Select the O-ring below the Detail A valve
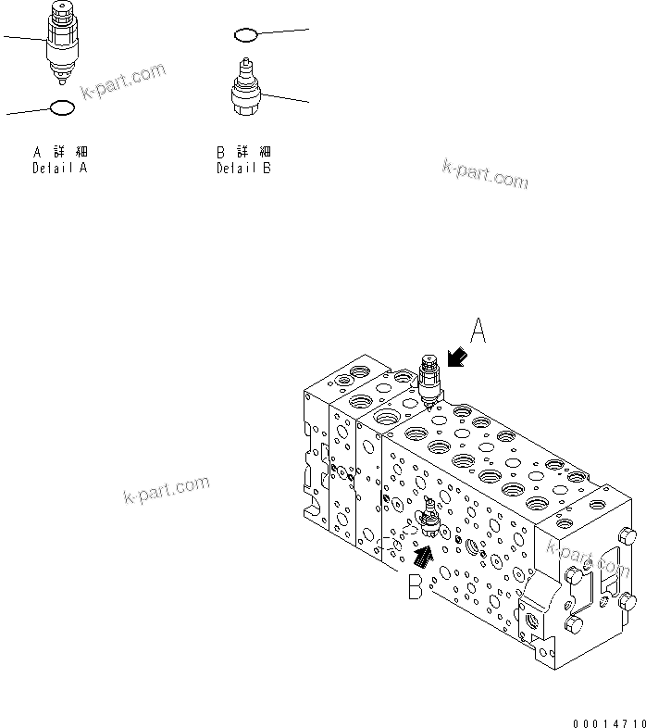pyautogui.click(x=61, y=107)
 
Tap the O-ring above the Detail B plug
pyautogui.click(x=245, y=35)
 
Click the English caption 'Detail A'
pyautogui.click(x=60, y=169)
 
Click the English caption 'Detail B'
pyautogui.click(x=244, y=169)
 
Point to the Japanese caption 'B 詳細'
pyautogui.click(x=244, y=152)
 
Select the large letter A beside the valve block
pyautogui.click(x=478, y=332)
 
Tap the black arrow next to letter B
pyautogui.click(x=422, y=555)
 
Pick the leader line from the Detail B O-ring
pyautogui.click(x=282, y=32)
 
